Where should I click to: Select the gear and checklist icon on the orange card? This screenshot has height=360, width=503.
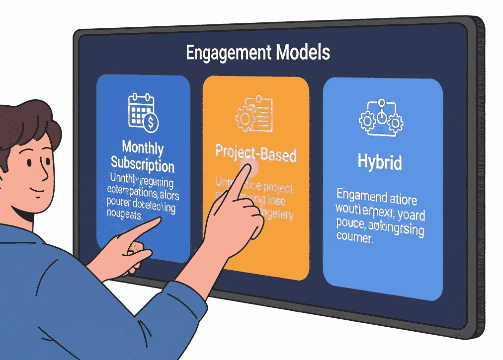point(254,114)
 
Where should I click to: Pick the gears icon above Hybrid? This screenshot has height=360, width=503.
point(381,118)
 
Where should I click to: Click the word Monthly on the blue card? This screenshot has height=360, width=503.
point(143,147)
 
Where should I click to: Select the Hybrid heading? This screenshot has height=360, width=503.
point(380,162)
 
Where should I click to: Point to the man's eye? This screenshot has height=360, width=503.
point(30,162)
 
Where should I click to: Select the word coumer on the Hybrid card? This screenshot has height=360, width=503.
point(354,238)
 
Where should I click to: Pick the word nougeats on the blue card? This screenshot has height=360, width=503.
point(124,216)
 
